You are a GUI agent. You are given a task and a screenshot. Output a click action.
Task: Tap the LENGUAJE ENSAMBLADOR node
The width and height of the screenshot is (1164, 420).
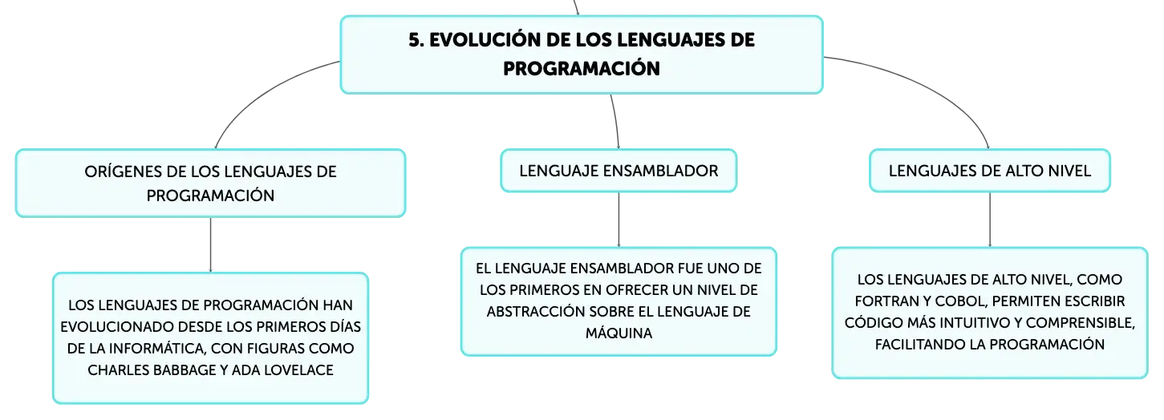(x=619, y=171)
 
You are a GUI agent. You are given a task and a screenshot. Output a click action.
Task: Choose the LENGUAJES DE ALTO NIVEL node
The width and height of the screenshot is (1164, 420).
(x=989, y=171)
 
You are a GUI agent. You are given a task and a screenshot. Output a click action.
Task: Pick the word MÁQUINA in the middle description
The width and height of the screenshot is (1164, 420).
(x=619, y=333)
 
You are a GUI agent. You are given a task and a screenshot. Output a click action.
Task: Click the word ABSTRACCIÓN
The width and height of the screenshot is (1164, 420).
(x=535, y=312)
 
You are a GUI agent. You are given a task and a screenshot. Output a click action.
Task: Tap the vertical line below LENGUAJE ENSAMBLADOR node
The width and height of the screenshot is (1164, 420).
(x=619, y=219)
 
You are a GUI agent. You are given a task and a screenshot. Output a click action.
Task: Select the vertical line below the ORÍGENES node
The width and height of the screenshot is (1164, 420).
(x=210, y=244)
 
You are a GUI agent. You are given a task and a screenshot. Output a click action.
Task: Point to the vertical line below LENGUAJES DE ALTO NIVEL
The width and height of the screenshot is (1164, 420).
(x=989, y=219)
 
